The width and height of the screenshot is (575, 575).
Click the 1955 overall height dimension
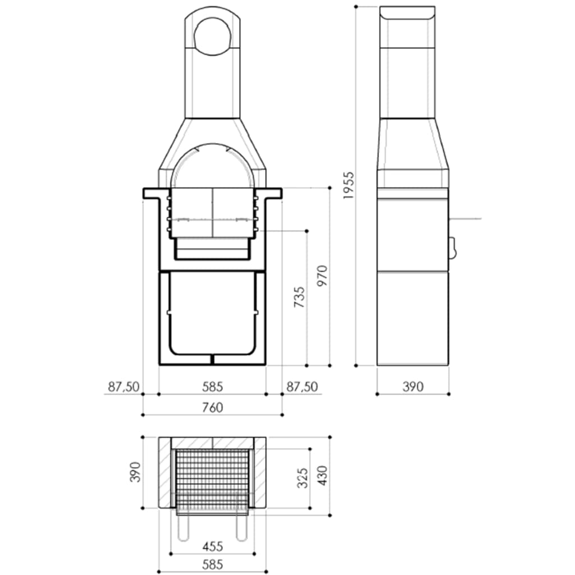[348, 185]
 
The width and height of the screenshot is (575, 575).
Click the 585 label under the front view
[212, 386]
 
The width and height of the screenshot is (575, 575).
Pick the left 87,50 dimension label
[123, 386]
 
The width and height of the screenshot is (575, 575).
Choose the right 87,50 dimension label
[302, 386]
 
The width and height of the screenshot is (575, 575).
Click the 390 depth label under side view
[413, 386]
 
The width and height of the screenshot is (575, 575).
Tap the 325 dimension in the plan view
[302, 477]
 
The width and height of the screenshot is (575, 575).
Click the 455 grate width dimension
[212, 545]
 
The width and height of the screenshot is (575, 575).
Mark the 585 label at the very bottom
[212, 564]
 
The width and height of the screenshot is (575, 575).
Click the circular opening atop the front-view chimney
[213, 35]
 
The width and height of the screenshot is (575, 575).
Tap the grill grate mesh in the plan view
[212, 477]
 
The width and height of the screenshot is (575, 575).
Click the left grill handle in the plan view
[182, 528]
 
